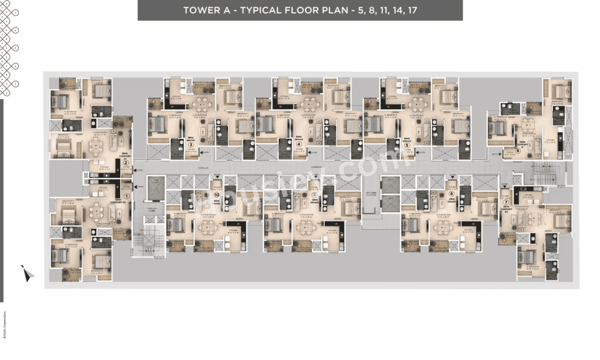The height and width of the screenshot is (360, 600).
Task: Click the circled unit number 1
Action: [125, 197]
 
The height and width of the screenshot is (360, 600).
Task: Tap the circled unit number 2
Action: [126, 163]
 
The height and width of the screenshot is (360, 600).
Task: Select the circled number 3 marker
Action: [191, 145]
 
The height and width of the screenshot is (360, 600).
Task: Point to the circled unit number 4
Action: [299, 145]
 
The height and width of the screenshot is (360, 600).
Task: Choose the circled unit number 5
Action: [407, 145]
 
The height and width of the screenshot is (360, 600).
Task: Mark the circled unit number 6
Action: [518, 151]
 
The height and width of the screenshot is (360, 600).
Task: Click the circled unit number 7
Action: [505, 202]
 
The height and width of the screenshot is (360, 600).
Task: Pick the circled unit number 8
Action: [451, 193]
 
